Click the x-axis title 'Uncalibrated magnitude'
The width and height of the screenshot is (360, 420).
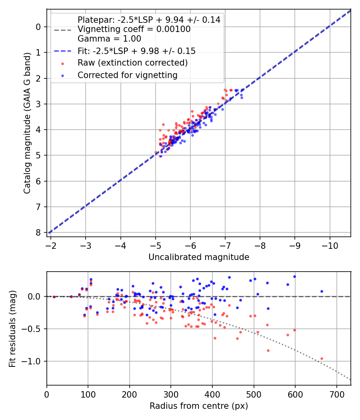pyautogui.click(x=199, y=257)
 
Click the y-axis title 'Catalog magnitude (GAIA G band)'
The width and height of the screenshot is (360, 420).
pyautogui.click(x=27, y=122)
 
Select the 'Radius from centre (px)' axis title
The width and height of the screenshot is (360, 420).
pyautogui.click(x=199, y=406)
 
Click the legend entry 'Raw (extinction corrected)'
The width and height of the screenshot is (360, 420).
pyautogui.click(x=132, y=63)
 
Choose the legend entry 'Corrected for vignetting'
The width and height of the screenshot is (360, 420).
pyautogui.click(x=127, y=75)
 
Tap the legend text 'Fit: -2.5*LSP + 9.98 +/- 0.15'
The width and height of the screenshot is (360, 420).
pyautogui.click(x=136, y=51)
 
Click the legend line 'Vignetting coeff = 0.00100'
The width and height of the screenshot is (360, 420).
pyautogui.click(x=134, y=29)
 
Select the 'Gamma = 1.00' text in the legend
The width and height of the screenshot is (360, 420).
pyautogui.click(x=109, y=39)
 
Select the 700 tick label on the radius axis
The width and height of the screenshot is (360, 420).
pyautogui.click(x=336, y=394)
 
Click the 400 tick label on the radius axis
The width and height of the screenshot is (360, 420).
pyautogui.click(x=212, y=394)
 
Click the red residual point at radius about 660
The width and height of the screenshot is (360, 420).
pyautogui.click(x=322, y=358)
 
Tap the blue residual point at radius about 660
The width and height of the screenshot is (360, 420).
pyautogui.click(x=322, y=291)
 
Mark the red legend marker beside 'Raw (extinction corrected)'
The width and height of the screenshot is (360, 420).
pyautogui.click(x=62, y=63)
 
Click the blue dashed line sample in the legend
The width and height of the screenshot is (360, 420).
pyautogui.click(x=62, y=51)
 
